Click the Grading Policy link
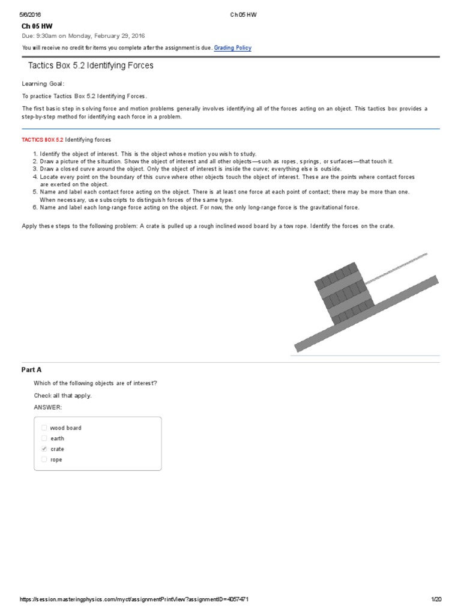233,48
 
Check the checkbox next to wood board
44,428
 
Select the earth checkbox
44,438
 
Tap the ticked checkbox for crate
44,449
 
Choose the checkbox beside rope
44,459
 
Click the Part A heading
32,370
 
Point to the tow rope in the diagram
396,267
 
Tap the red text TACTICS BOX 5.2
42,139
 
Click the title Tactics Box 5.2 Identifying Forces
91,65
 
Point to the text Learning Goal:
43,83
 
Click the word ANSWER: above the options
48,407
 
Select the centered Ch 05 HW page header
243,14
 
